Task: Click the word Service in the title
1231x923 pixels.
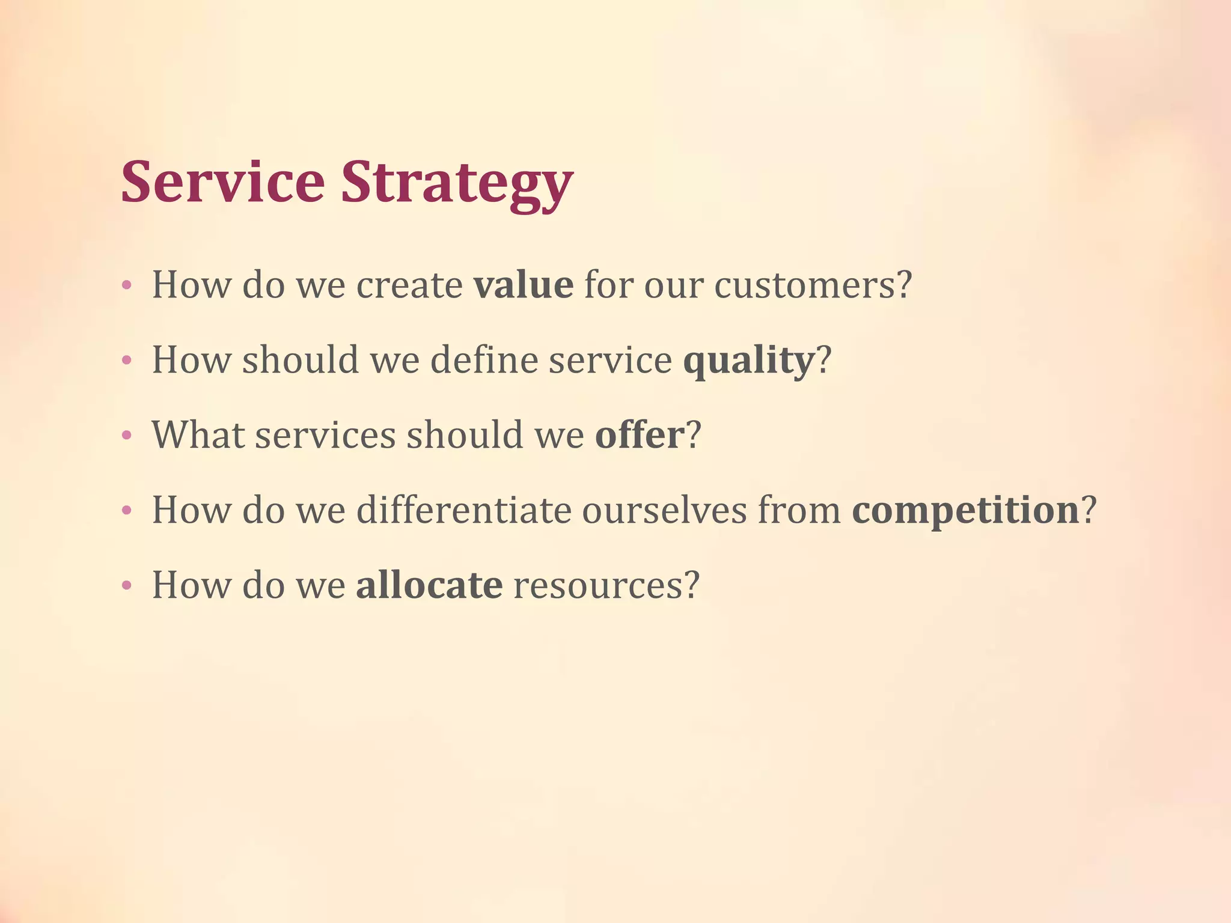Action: click(222, 181)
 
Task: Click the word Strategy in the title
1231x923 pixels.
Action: click(457, 183)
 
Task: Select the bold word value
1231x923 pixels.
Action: click(523, 285)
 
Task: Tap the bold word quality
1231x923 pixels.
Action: click(748, 361)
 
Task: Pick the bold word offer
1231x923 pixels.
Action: click(640, 435)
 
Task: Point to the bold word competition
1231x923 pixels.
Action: click(965, 511)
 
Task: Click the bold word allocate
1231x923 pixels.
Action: click(429, 585)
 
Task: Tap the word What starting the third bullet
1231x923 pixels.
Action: click(198, 435)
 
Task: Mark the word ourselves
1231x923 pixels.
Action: click(664, 510)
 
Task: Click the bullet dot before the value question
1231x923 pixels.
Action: click(126, 285)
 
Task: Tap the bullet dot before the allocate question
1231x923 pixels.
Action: click(126, 586)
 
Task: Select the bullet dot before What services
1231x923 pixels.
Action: click(126, 436)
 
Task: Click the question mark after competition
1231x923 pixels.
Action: click(1089, 510)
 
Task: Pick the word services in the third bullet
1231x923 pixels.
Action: click(325, 435)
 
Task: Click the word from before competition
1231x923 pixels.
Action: click(799, 510)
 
